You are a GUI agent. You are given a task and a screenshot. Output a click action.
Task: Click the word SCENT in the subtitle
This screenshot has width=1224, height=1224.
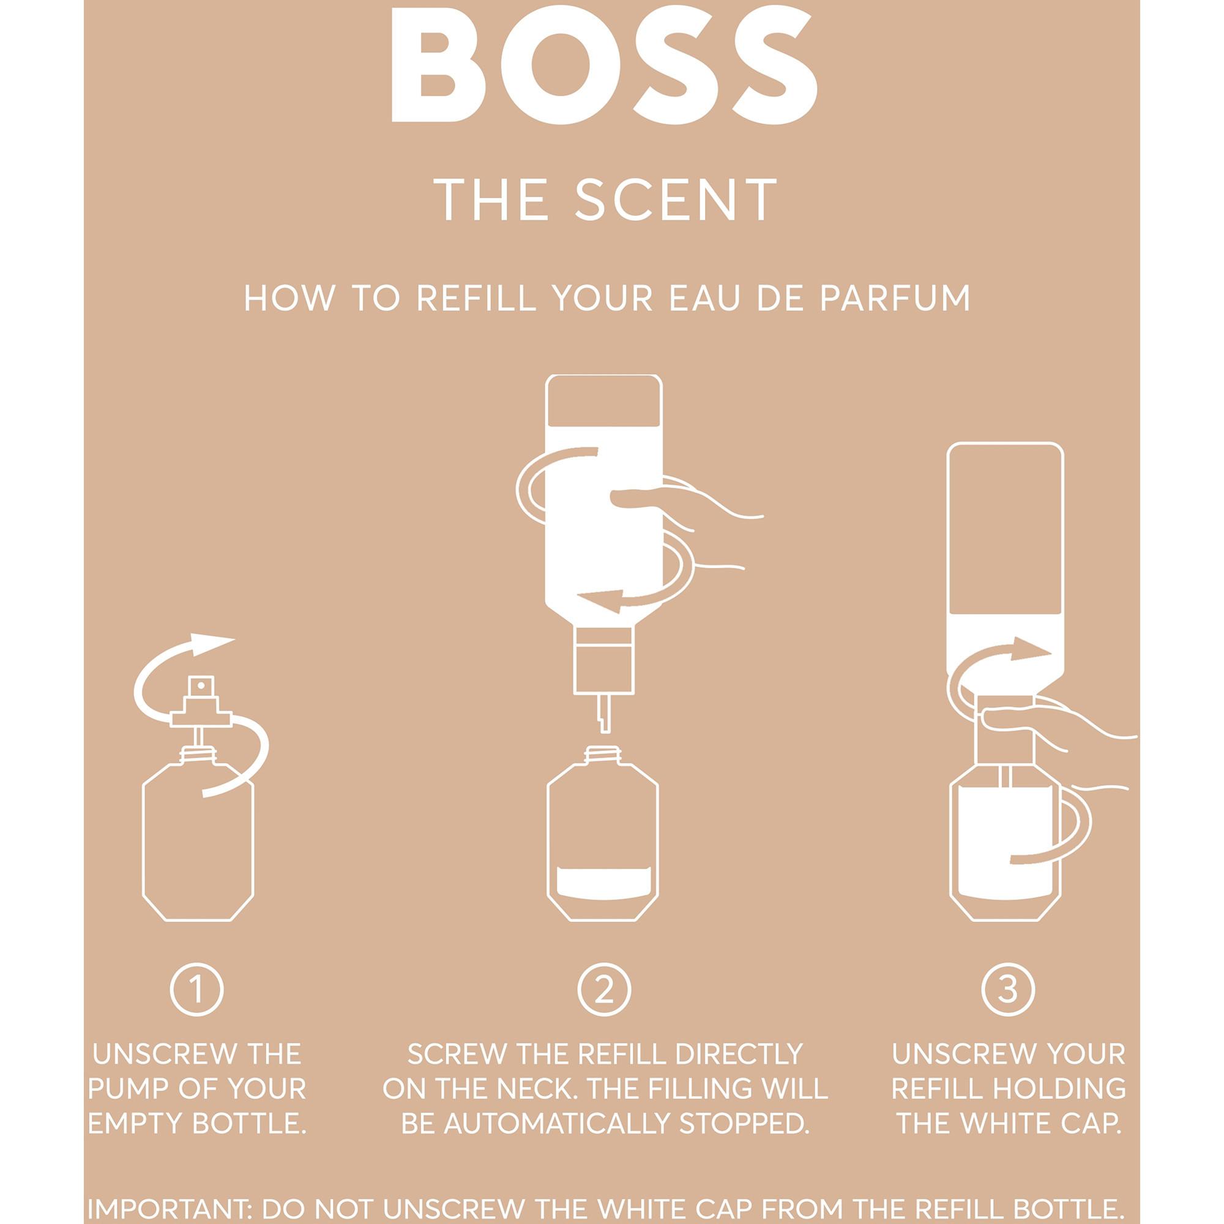click(x=676, y=200)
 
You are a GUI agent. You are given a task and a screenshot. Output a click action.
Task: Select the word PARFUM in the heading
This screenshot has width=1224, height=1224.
click(x=895, y=299)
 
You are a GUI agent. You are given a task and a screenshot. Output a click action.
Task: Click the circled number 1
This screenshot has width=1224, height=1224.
click(x=197, y=990)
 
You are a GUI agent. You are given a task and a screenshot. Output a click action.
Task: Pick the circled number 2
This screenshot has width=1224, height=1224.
click(x=604, y=990)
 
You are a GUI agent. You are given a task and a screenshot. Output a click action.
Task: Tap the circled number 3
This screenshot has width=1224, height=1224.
click(x=1008, y=990)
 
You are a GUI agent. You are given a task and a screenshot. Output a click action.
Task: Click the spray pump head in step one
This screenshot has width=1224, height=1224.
click(x=201, y=703)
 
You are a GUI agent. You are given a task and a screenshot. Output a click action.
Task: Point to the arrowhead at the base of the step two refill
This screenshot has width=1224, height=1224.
click(x=599, y=600)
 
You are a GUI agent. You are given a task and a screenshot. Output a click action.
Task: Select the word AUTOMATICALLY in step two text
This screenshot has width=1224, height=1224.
click(x=558, y=1123)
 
